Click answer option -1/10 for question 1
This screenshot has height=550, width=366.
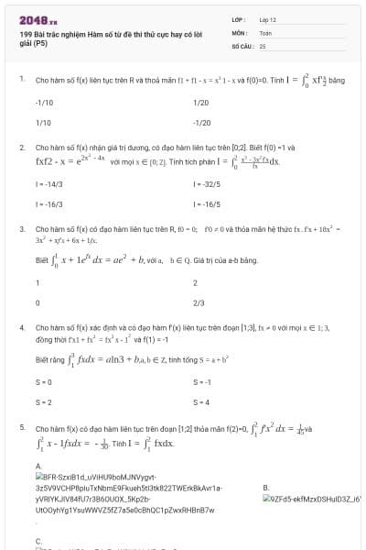[x=44, y=103]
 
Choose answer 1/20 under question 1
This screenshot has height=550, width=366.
[x=202, y=103]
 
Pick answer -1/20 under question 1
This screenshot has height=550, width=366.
[x=202, y=121]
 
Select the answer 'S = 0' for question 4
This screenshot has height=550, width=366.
[x=42, y=381]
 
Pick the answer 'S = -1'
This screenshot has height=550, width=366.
[x=202, y=381]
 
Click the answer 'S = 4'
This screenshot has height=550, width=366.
[x=201, y=401]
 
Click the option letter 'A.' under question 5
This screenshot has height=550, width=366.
[x=38, y=466]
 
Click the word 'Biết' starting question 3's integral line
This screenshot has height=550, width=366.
[x=41, y=260]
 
